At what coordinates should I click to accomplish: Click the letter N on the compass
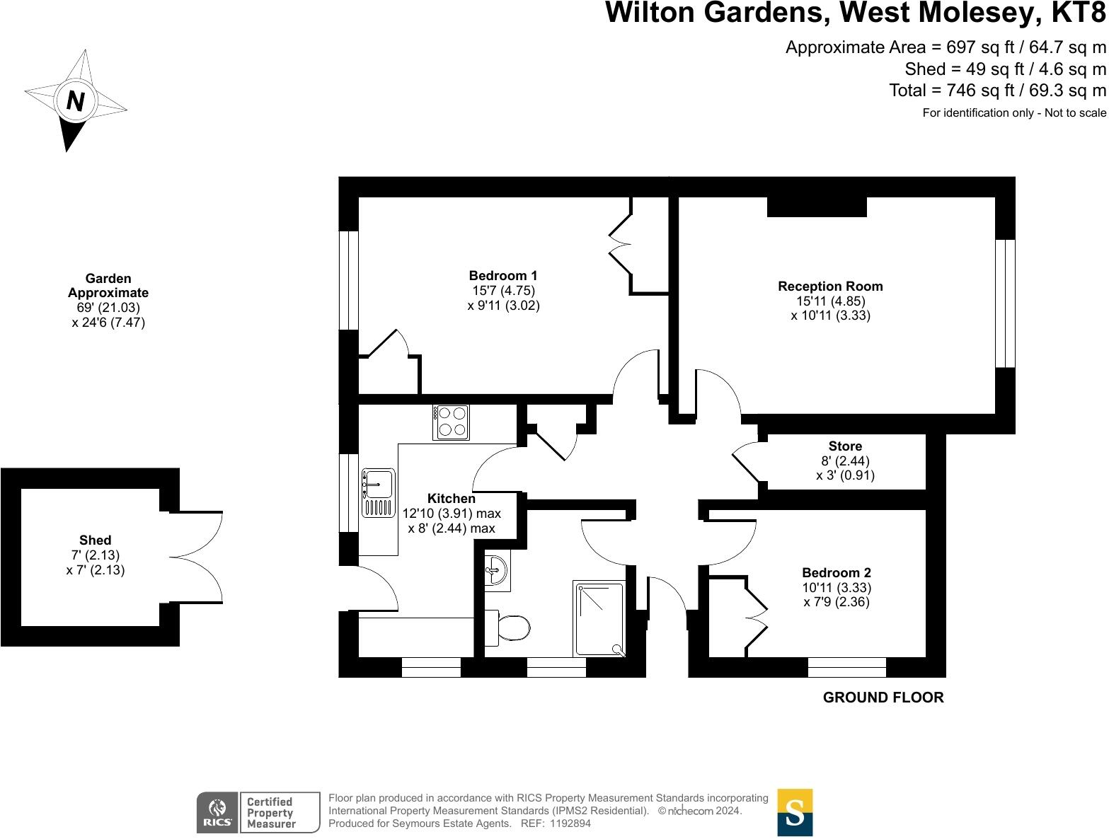pos(75,101)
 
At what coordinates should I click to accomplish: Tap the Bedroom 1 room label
pos(503,276)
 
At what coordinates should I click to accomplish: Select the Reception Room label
pos(830,287)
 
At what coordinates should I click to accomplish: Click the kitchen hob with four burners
pos(451,422)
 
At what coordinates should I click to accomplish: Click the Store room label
pos(845,446)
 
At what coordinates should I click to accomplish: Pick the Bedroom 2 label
pos(836,573)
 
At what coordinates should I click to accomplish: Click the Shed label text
pos(96,540)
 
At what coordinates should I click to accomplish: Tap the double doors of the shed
pos(196,557)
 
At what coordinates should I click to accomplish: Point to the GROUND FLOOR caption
pos(883,698)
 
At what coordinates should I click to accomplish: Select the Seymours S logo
pos(795,813)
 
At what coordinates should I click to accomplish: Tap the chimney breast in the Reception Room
pos(817,207)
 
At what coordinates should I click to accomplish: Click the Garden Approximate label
pos(108,286)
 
